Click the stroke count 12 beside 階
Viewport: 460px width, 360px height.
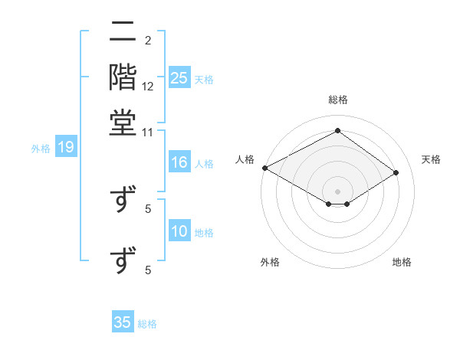[x=148, y=87]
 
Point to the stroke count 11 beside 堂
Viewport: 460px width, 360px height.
[x=148, y=132]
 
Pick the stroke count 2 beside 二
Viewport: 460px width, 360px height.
[x=147, y=40]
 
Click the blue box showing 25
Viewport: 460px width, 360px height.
[x=179, y=78]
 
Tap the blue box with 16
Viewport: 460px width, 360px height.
[x=179, y=163]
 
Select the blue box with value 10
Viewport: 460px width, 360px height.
[x=179, y=232]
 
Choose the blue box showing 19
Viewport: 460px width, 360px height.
[x=65, y=148]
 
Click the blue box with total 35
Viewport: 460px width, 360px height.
[x=123, y=322]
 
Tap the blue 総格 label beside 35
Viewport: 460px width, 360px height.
[x=147, y=324]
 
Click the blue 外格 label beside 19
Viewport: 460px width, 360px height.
[x=41, y=149]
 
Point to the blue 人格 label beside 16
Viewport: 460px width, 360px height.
[x=204, y=164]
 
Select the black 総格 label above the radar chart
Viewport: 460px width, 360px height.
[x=337, y=100]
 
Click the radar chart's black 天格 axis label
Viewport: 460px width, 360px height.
[x=432, y=159]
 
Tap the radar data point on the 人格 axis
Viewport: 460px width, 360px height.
[x=264, y=168]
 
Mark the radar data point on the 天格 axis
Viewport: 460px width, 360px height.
[x=396, y=173]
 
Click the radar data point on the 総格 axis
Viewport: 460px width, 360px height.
[x=337, y=131]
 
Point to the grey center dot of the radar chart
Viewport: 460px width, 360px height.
[x=337, y=191]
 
